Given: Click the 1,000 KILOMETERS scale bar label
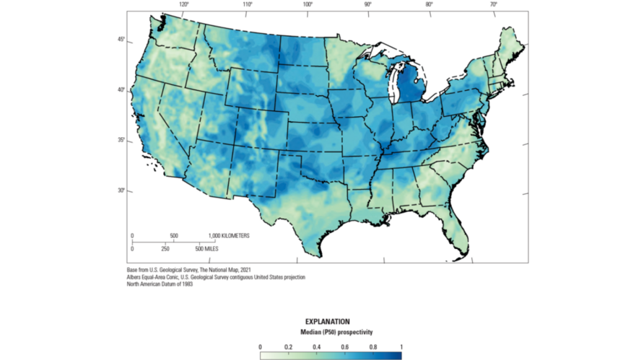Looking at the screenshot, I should (x=230, y=236).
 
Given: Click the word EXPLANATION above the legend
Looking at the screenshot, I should (x=328, y=321).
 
